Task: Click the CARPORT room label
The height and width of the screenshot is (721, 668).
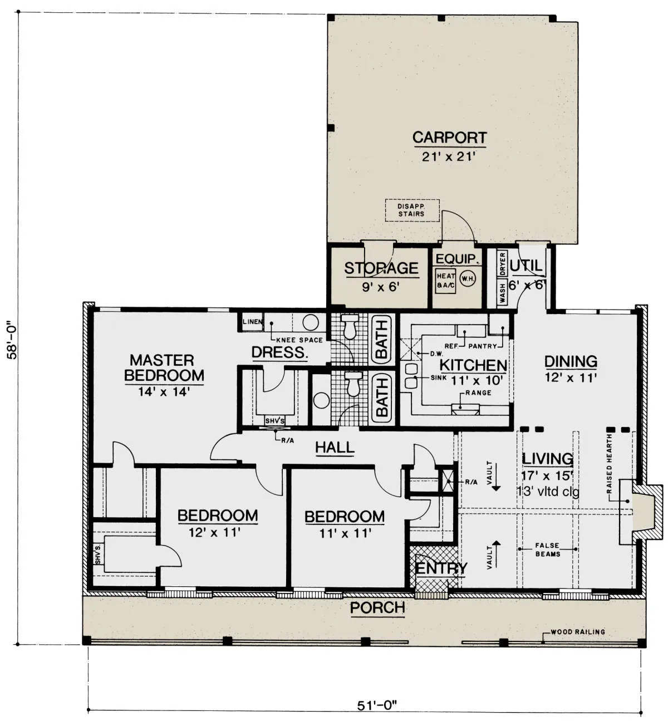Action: [x=449, y=138]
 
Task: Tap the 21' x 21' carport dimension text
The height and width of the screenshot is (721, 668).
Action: [x=449, y=157]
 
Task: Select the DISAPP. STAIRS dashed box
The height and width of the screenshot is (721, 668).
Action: [x=412, y=210]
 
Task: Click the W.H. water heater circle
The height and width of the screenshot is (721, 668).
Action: [x=468, y=278]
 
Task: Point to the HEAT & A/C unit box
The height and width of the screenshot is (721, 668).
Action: [x=445, y=281]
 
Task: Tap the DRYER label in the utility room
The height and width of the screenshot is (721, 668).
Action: [x=503, y=264]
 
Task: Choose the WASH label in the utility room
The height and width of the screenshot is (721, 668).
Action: [x=503, y=293]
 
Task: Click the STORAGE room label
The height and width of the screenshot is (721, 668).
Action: [x=381, y=268]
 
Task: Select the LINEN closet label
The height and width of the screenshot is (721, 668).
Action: [x=253, y=322]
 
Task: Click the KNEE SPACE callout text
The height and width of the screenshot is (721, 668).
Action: [x=299, y=340]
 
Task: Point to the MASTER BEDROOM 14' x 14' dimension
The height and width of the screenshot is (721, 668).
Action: [x=164, y=392]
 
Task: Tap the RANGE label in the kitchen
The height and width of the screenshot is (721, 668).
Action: [x=479, y=393]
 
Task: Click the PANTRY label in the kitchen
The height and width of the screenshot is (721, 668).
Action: [x=483, y=346]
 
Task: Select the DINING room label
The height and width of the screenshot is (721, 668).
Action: [x=571, y=361]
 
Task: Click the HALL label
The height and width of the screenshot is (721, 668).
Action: [x=335, y=448]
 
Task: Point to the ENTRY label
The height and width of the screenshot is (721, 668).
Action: [x=441, y=568]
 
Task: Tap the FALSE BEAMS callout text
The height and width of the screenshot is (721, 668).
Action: [x=548, y=550]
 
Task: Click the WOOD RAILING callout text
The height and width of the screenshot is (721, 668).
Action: [x=578, y=632]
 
